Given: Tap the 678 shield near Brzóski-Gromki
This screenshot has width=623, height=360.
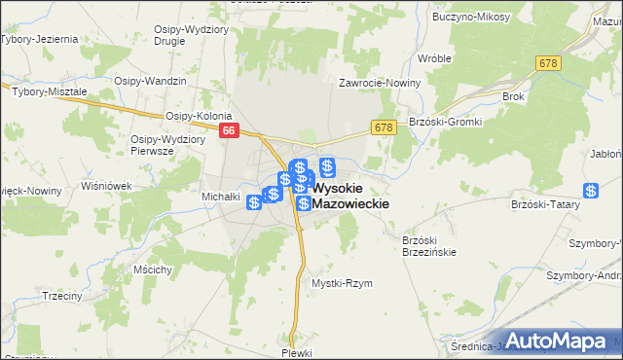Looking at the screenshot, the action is (x=383, y=127).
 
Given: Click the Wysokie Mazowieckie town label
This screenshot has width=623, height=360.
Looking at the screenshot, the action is (x=351, y=196).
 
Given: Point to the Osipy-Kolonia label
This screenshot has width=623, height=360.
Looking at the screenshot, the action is (x=199, y=115).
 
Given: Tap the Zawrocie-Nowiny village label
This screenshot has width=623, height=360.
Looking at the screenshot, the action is (x=379, y=83).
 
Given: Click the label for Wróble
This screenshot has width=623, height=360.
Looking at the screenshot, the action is (x=434, y=58).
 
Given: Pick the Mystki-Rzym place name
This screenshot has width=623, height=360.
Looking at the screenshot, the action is (x=342, y=283).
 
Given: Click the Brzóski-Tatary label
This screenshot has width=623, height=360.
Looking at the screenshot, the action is (x=545, y=205).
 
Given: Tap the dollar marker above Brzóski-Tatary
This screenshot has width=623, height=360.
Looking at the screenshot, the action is (x=590, y=191).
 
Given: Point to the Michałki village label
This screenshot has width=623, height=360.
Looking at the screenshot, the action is (x=221, y=196).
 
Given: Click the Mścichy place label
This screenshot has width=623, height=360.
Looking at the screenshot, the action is (x=155, y=269).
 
